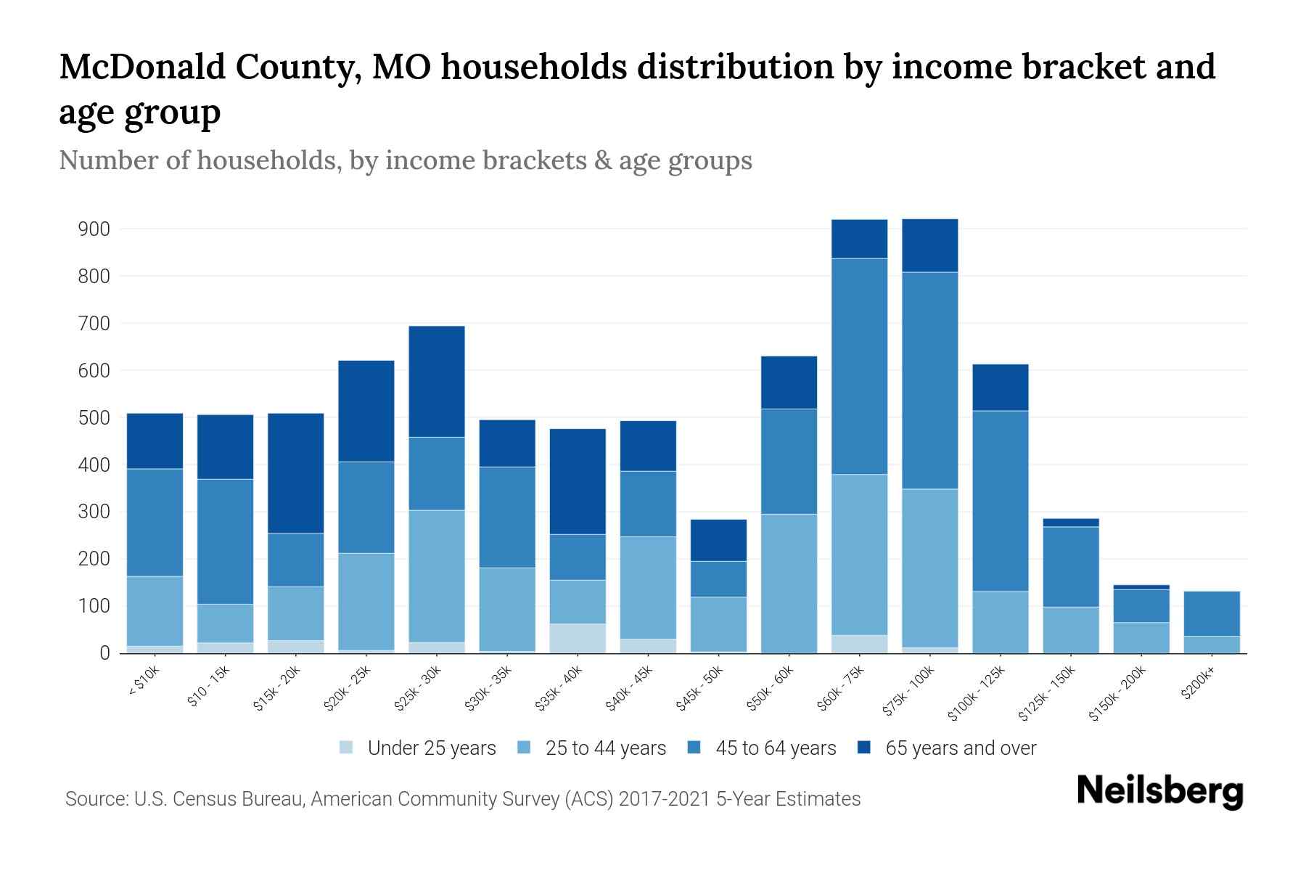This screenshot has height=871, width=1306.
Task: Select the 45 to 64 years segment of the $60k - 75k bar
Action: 859,367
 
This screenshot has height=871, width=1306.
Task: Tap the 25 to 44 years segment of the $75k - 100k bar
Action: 929,568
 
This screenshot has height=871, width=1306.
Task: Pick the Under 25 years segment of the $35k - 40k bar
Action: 578,638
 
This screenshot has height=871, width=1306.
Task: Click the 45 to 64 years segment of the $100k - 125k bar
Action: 1001,501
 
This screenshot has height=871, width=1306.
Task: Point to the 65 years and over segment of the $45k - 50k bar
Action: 718,540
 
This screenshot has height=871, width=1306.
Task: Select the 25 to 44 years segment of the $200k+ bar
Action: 1212,645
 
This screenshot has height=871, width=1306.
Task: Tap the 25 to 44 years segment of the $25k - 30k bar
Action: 437,576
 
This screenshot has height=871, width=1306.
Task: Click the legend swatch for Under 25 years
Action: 347,748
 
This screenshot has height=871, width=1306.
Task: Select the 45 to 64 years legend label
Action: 775,748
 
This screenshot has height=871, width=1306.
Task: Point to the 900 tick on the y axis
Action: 94,229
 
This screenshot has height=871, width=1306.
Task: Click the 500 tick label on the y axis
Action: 94,418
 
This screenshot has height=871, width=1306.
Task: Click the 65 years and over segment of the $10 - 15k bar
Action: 226,447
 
